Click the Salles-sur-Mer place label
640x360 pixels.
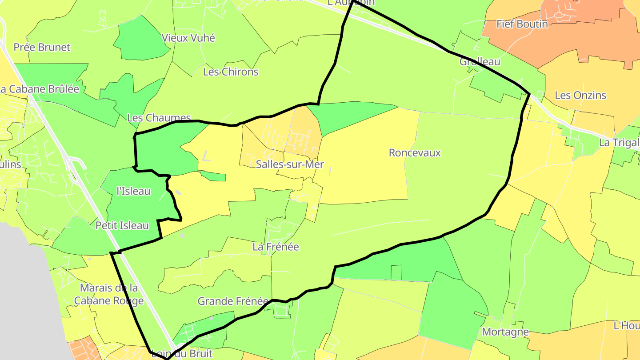coord(290,164)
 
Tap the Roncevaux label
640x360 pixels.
coord(415,153)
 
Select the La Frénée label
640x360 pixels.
coord(276,247)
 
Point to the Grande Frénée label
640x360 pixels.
coord(233,301)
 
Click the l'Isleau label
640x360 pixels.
coord(133,191)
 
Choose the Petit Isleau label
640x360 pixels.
coord(122,226)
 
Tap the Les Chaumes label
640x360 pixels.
coord(159,118)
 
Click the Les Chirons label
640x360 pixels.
coord(230,72)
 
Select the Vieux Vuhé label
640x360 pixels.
coord(188,38)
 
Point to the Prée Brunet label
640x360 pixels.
coord(42,47)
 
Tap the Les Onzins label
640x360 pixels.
coord(580,96)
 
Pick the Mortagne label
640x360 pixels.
coord(505,332)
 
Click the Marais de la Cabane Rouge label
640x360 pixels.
coord(109,294)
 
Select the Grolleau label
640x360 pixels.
coord(480,62)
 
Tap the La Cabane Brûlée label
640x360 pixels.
coord(40,89)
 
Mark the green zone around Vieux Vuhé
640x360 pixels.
coord(138,40)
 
